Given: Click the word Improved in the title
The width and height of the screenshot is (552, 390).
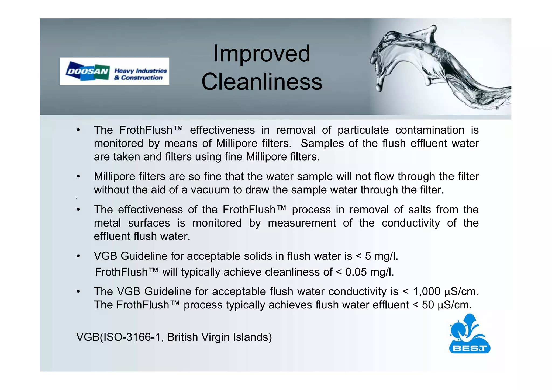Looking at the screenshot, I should coord(262,54).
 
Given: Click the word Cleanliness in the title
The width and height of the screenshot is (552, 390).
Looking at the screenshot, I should coord(262,82).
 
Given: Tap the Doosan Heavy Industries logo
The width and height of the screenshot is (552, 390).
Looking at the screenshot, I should coord(114,71).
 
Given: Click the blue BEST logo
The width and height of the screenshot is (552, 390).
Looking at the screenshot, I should coord(470,334).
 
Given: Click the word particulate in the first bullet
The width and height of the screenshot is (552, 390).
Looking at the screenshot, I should coord(363,130).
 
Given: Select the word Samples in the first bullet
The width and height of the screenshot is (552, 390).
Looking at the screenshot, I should coord(322,143).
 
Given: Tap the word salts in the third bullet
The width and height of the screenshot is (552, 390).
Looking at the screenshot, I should coord(419,210).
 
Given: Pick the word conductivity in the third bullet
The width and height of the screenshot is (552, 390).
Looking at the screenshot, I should coord(410,223).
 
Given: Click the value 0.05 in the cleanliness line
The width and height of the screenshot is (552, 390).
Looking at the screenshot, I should coord(356,272).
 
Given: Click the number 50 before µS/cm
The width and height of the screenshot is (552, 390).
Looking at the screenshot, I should coord(428,305).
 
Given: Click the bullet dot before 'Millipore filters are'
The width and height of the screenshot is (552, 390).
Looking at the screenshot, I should coord(78,177).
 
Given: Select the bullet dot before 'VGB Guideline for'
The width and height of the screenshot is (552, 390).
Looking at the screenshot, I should coord(78,256).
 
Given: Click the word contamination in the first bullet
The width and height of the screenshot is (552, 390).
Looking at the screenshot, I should coord(430,130).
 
